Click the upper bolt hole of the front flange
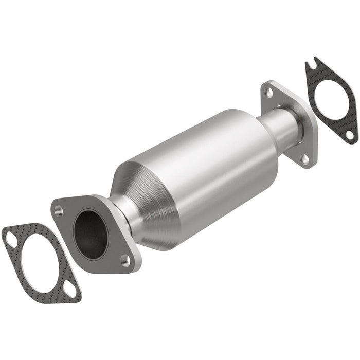point(58,209)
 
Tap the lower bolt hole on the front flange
point(124,258)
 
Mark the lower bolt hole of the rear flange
point(305,159)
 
